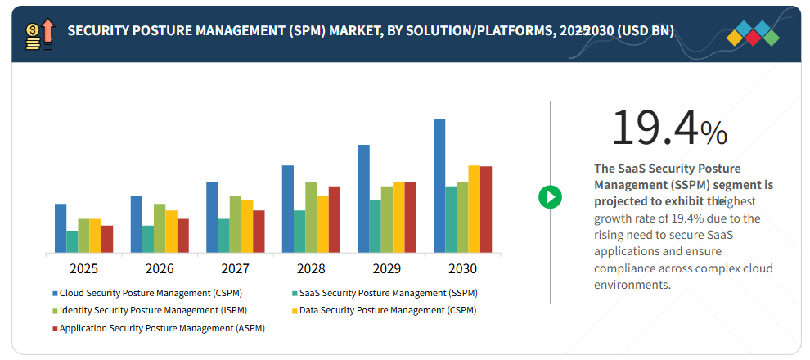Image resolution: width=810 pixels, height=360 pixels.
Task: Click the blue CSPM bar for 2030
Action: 439,186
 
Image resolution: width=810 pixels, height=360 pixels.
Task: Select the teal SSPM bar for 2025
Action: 73,241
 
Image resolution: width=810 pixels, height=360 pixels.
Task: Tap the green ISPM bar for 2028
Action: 311,217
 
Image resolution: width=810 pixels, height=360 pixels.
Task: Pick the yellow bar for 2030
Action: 475,209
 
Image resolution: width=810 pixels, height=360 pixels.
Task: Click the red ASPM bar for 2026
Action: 183,236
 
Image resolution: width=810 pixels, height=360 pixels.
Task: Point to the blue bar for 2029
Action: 363,199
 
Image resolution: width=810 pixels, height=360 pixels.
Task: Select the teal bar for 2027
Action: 224,236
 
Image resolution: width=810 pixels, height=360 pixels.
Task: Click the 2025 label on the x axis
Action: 84,268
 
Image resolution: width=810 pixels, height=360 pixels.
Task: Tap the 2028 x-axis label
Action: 311,268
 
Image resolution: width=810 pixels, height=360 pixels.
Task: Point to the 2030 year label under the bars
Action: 462,268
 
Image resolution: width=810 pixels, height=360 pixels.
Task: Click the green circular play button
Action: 550,196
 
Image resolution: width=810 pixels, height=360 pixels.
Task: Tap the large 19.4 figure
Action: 655,128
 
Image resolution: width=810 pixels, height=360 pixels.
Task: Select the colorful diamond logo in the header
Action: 753,32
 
